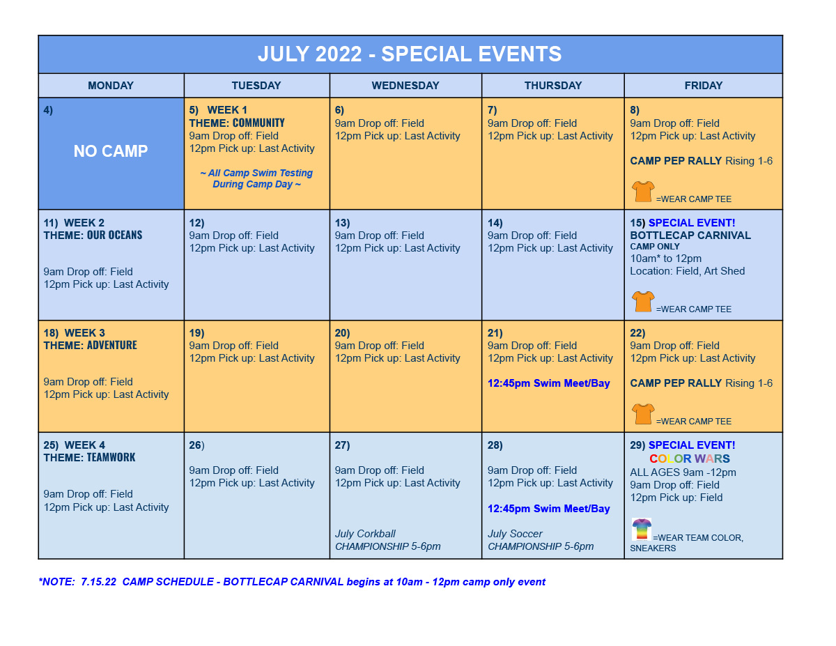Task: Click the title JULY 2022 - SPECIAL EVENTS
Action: (410, 54)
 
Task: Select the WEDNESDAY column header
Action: (405, 86)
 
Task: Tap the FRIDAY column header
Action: (703, 86)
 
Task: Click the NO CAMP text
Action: (111, 151)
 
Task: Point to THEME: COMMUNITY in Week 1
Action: (237, 123)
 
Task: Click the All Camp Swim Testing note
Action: (256, 178)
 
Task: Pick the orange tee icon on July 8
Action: (643, 191)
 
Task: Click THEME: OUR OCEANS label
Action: (93, 235)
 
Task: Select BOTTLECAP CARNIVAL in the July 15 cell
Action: (690, 235)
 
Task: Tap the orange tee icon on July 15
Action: (643, 301)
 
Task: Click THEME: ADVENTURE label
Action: (90, 345)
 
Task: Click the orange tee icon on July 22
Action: (643, 414)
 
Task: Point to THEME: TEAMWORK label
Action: (89, 457)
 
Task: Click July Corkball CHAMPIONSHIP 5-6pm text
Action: (387, 540)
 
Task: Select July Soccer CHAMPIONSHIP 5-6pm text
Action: (541, 540)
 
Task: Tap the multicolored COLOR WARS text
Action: (690, 459)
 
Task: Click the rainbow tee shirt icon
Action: (642, 529)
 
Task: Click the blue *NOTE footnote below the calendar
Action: (292, 581)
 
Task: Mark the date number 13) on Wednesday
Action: (342, 223)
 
